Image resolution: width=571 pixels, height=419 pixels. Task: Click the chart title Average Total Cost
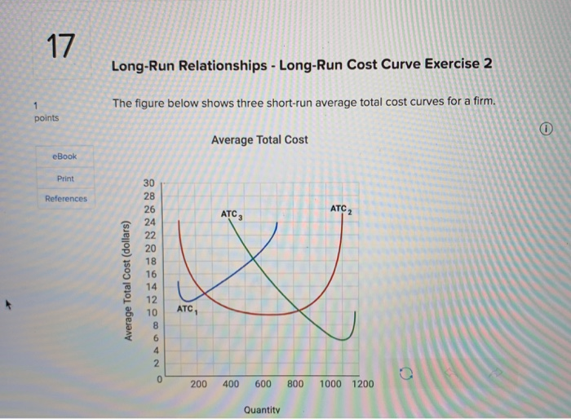coord(259,139)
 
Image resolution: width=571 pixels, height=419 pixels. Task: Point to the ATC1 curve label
coord(186,310)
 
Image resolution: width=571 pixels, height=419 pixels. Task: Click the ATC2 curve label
coord(341,209)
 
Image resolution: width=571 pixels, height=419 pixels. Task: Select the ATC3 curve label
coord(232,214)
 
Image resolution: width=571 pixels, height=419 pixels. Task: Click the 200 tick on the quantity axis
coord(198,384)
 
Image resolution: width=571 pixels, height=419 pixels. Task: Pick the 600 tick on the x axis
coord(263,384)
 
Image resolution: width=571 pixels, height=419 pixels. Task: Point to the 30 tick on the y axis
coord(148,184)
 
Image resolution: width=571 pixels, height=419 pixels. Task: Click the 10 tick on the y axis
coord(148,313)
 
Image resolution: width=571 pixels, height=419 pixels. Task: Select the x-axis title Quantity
coord(263,410)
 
